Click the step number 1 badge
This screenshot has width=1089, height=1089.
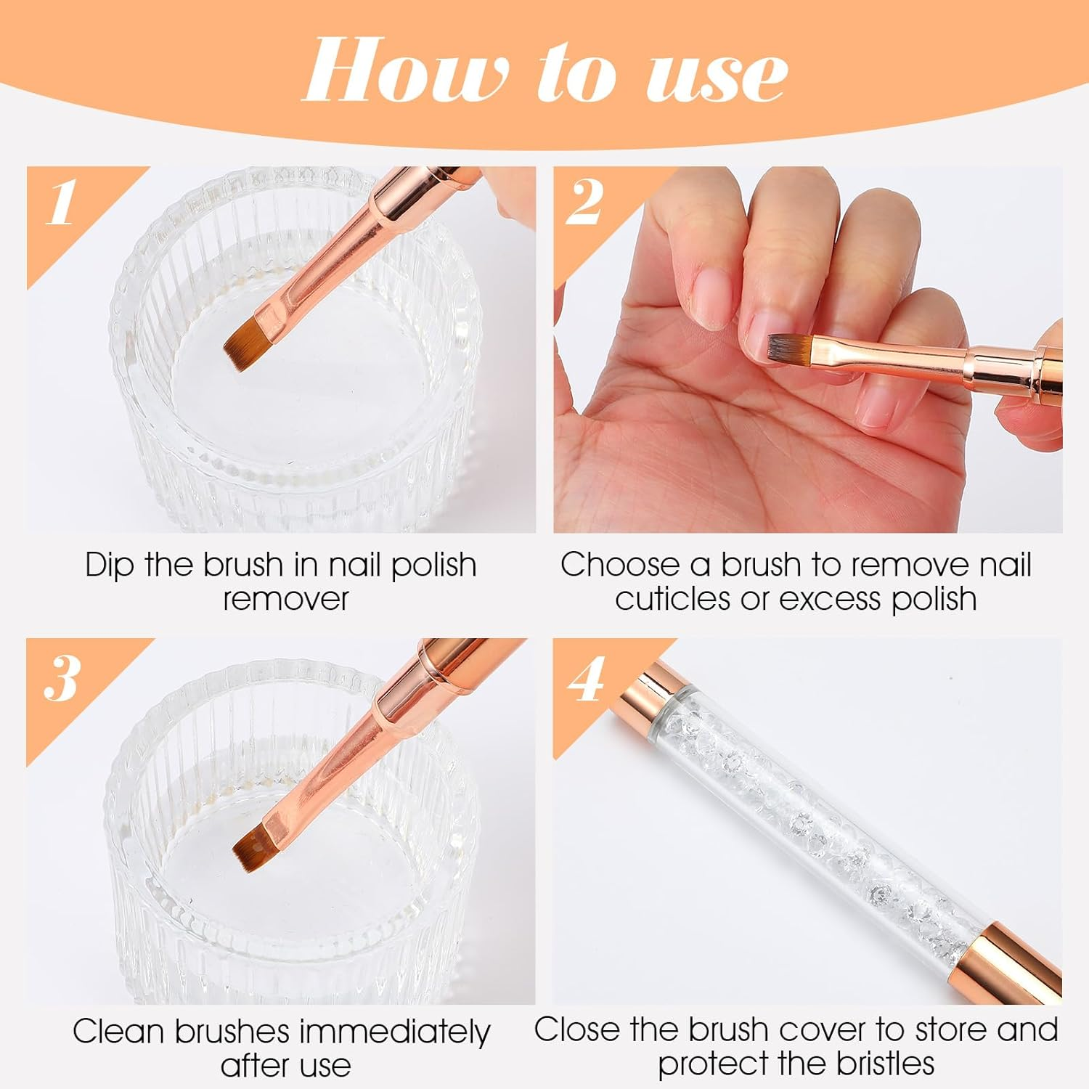[61, 203]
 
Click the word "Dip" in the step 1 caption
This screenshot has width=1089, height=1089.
[109, 566]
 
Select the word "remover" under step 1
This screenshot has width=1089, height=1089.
[286, 599]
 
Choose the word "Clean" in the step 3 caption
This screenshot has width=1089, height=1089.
[121, 1031]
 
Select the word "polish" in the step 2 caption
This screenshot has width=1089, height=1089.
[934, 599]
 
